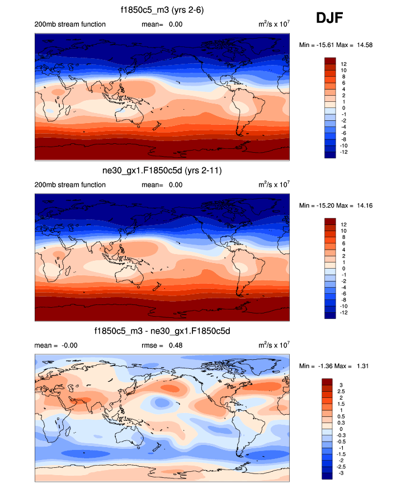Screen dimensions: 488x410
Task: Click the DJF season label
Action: tap(329, 18)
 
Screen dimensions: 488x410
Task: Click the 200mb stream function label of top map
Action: tap(70, 25)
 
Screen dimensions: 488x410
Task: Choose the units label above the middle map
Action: tap(274, 185)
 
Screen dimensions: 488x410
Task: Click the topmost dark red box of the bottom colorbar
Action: tap(328, 382)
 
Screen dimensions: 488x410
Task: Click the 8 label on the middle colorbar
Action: tap(343, 237)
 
